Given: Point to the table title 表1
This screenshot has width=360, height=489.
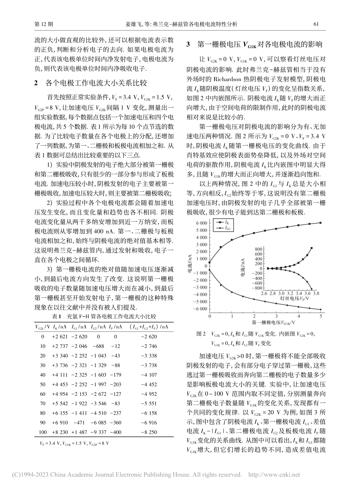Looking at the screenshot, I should [57, 316].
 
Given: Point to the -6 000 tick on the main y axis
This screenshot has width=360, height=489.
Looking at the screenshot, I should [199, 309].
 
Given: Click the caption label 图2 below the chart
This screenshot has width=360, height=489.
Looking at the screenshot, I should [200, 334].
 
